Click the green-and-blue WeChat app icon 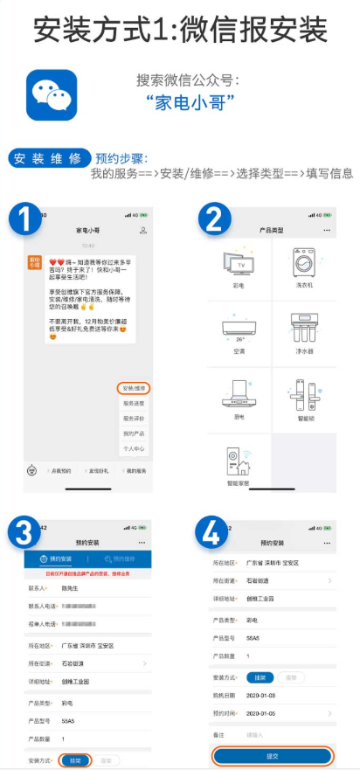(x=52, y=95)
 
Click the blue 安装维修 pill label (x=49, y=158)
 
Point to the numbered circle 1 (x=27, y=217)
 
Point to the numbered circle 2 (x=212, y=218)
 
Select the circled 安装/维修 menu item (x=135, y=386)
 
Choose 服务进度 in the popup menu (x=135, y=403)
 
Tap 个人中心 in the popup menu (x=135, y=448)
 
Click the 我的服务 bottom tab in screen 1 (x=134, y=470)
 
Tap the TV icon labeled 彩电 (x=239, y=265)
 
